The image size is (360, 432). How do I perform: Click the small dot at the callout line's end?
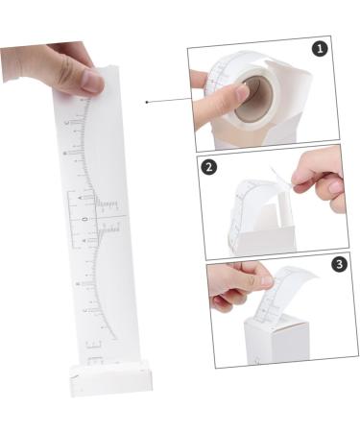click(x=146, y=101)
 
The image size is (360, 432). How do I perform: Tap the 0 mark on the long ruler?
click(x=85, y=219)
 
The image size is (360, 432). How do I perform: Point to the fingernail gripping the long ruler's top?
click(x=92, y=83)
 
